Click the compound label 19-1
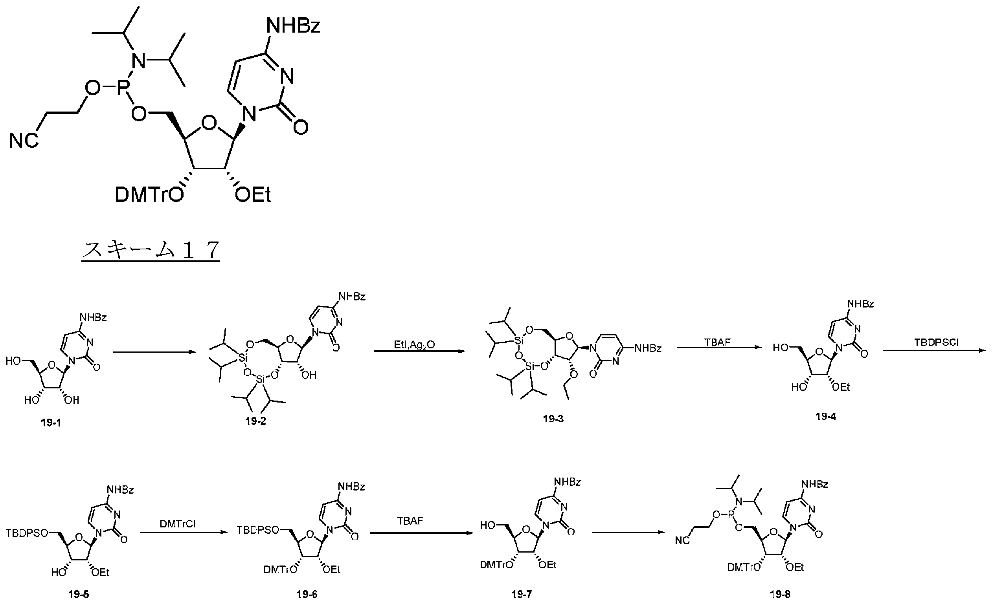51,423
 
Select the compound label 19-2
255,421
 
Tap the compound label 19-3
553,419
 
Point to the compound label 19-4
826,417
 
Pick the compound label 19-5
79,595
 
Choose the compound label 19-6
307,594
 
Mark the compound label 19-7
522,594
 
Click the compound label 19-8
780,594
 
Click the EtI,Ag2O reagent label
414,345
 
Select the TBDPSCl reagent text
937,342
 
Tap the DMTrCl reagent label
178,524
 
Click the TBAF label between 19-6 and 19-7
410,521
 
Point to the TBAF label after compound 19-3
717,342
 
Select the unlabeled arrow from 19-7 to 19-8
628,533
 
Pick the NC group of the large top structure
24,141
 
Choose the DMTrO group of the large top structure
149,195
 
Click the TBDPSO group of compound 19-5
27,533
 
